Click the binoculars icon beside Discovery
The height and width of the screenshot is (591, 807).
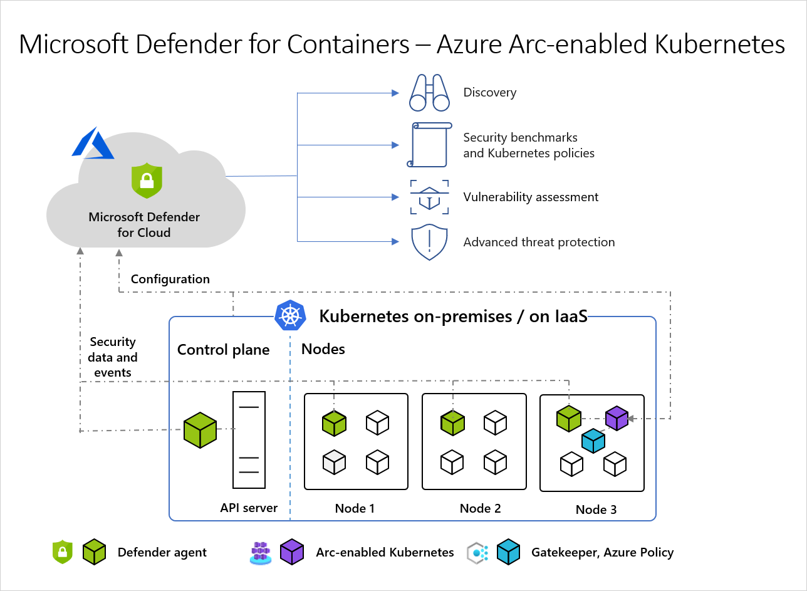[x=429, y=92]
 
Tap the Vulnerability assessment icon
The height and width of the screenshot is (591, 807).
[x=429, y=197]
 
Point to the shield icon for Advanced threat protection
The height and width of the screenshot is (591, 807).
[x=429, y=243]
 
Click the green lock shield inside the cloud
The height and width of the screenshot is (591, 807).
[x=147, y=180]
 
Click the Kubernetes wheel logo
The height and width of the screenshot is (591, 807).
[x=290, y=315]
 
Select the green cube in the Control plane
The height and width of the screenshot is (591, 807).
[x=200, y=430]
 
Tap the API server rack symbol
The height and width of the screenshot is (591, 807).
[x=249, y=440]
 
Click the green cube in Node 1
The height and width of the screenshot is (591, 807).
[x=334, y=423]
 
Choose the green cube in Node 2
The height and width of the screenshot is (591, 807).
[x=452, y=423]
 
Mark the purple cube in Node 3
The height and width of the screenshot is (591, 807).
[x=617, y=418]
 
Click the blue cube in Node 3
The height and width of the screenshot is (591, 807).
[x=593, y=441]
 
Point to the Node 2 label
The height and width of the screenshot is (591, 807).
[x=480, y=508]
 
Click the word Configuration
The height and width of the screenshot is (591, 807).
[x=170, y=279]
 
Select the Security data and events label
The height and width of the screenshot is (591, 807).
[x=113, y=357]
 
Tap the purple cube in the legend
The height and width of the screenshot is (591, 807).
[x=292, y=552]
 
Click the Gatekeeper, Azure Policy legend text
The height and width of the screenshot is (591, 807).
[x=602, y=552]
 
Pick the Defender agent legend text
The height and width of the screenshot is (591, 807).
[x=162, y=552]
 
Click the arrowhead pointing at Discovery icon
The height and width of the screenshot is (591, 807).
[x=395, y=93]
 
